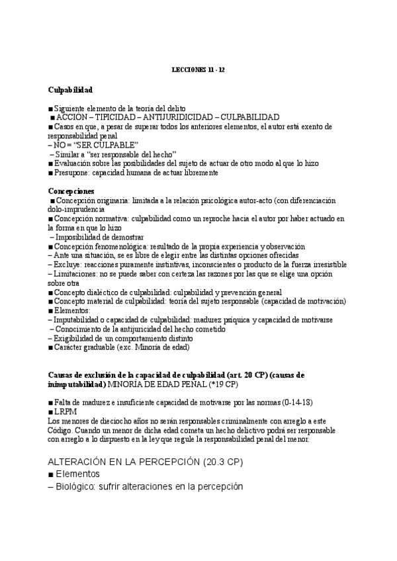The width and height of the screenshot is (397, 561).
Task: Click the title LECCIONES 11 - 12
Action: coord(198,69)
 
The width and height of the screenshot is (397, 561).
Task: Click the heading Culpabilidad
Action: coord(70,89)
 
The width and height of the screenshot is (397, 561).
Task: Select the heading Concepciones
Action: coord(71,191)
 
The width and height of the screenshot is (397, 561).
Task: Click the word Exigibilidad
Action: coord(75,338)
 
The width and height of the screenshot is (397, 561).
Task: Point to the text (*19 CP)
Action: coord(223,384)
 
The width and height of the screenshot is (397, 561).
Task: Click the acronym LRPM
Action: coord(66,411)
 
